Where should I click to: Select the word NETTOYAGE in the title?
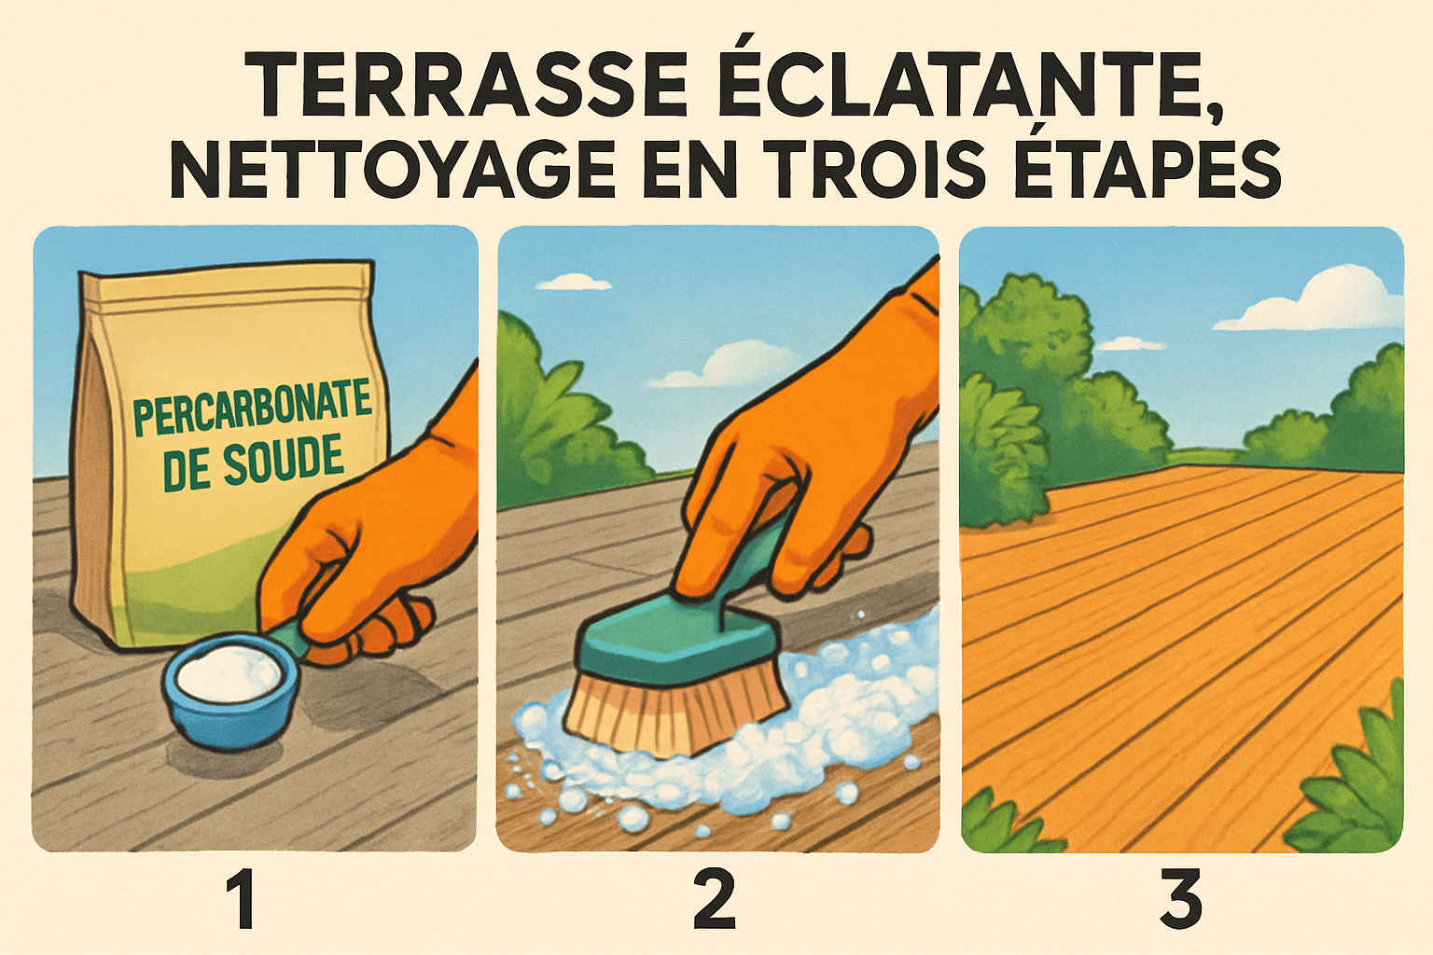[x=392, y=170]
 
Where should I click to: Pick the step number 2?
[x=715, y=901]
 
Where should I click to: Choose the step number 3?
[x=1180, y=901]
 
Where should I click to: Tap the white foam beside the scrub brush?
[x=840, y=709]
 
